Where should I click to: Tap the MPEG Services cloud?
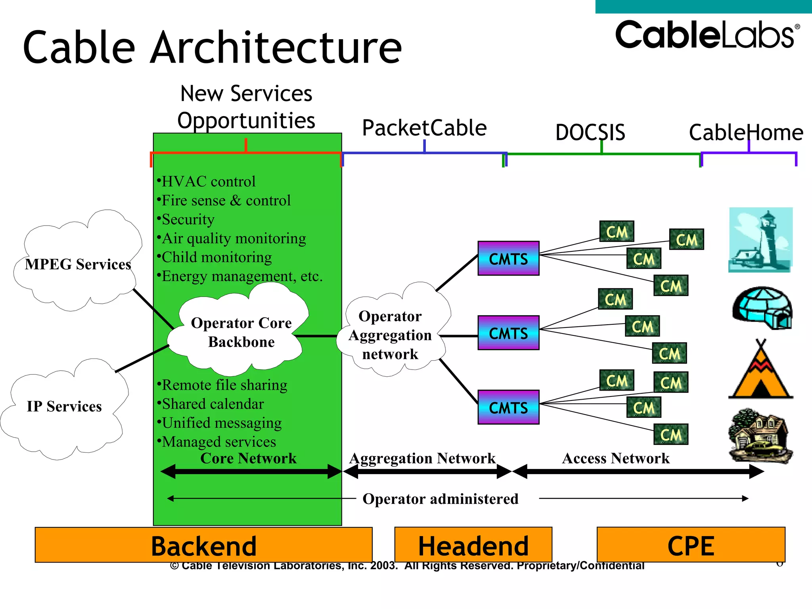pos(78,264)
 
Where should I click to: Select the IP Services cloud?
pos(64,406)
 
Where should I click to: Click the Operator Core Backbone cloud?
pos(241,332)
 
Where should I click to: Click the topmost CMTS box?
pos(508,259)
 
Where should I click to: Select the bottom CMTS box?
pos(508,407)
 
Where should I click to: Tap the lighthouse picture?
pos(760,240)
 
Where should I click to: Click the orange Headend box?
pos(473,545)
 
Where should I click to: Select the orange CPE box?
pos(691,545)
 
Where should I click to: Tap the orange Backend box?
pos(203,545)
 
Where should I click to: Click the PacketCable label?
pos(424,128)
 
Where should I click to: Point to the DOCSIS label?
pos(590,132)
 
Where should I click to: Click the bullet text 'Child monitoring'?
pos(216,257)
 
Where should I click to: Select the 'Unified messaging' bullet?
pos(221,423)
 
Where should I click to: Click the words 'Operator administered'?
pos(440,499)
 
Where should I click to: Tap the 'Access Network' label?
pos(615,458)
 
